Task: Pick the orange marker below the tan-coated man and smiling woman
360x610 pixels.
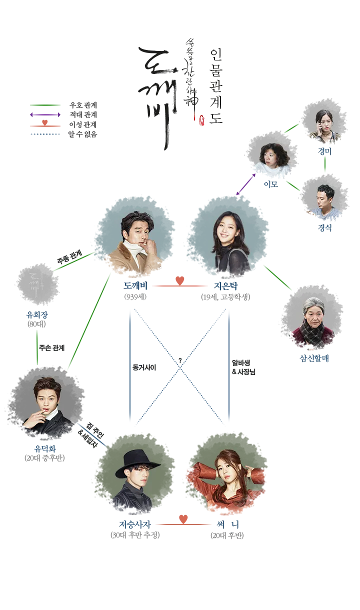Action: (176, 280)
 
